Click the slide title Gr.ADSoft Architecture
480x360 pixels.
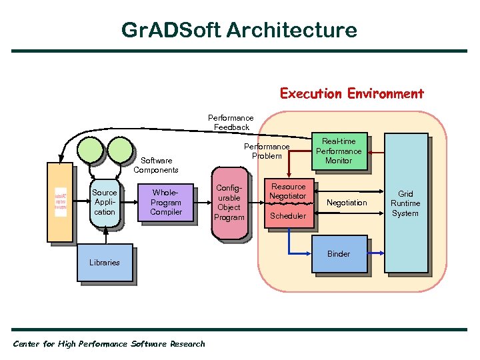[x=239, y=30]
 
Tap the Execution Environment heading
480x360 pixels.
[x=351, y=93]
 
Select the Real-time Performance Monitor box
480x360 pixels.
[x=339, y=151]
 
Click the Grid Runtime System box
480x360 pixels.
[x=405, y=203]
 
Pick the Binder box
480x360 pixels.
[x=339, y=254]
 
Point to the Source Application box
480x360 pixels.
[x=105, y=203]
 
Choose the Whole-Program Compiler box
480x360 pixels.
[x=166, y=203]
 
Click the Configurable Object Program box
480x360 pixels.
[x=230, y=203]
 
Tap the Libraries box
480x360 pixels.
[x=105, y=263]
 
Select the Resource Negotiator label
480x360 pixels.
[x=288, y=191]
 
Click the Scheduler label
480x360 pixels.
[x=288, y=216]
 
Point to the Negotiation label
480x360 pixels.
[x=347, y=203]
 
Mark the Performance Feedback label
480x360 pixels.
[x=231, y=123]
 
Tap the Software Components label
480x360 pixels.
[x=156, y=165]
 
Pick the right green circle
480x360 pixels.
[x=121, y=149]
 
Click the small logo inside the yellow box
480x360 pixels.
[x=61, y=201]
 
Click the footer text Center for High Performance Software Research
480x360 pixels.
[x=109, y=344]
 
